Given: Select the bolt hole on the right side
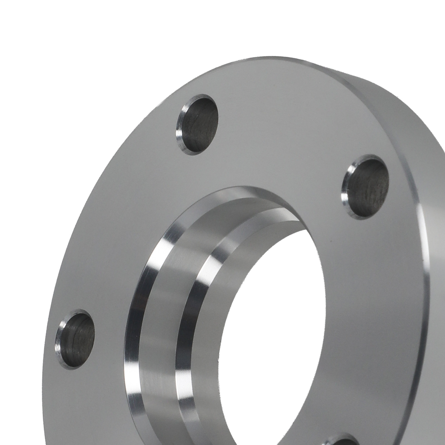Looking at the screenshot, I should (x=364, y=186).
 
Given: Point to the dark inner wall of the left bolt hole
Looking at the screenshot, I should (x=79, y=334).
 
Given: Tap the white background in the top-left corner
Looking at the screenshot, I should (x=42, y=42).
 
